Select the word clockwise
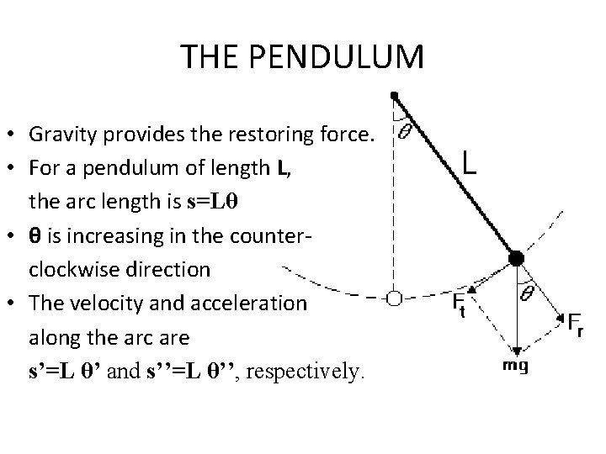(x=71, y=271)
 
